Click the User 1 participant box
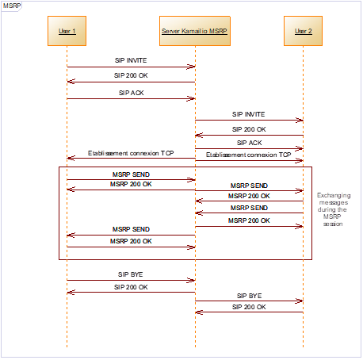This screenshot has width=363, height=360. (x=67, y=31)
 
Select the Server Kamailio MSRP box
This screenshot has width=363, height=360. (x=195, y=31)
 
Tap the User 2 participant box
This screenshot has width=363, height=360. (x=303, y=31)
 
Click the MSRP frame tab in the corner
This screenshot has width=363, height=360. (x=12, y=6)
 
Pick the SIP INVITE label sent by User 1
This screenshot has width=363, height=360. (x=131, y=60)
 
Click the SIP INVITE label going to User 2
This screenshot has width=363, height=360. (x=248, y=114)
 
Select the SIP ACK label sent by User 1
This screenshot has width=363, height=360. (x=132, y=93)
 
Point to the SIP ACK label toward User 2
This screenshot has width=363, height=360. (x=249, y=143)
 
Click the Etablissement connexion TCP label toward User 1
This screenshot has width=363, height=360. (x=131, y=153)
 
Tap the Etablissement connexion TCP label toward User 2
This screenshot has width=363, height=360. (x=248, y=155)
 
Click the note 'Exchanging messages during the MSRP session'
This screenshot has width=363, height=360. (x=334, y=209)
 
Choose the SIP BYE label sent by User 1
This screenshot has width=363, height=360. (x=131, y=274)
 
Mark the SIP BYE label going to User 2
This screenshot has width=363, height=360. (x=249, y=296)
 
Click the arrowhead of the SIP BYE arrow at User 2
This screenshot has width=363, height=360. (x=300, y=301)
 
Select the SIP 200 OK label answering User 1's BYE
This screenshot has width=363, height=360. (x=131, y=287)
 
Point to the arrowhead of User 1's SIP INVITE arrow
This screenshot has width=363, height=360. (x=191, y=67)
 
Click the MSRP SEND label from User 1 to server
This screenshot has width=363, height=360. (x=131, y=174)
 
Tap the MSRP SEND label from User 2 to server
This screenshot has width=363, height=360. (x=249, y=208)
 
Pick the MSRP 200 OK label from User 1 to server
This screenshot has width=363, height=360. (x=131, y=241)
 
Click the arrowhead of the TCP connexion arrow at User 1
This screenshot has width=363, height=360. (x=71, y=158)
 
